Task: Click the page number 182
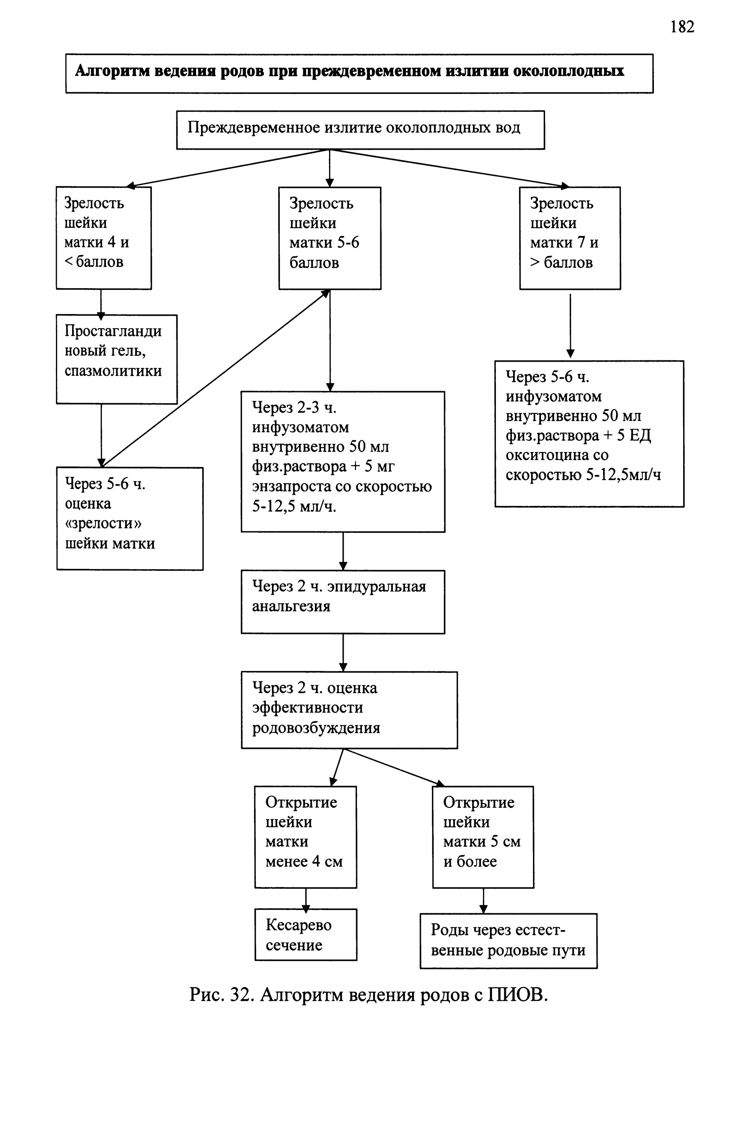tap(682, 27)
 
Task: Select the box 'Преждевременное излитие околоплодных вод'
tap(360, 130)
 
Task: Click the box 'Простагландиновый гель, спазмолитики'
tap(116, 359)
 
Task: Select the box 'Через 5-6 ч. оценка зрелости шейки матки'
tap(130, 518)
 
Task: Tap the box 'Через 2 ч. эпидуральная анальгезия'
tap(343, 602)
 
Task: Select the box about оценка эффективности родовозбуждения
tap(349, 710)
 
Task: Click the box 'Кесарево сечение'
tap(306, 935)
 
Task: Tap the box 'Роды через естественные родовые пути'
tap(508, 940)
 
